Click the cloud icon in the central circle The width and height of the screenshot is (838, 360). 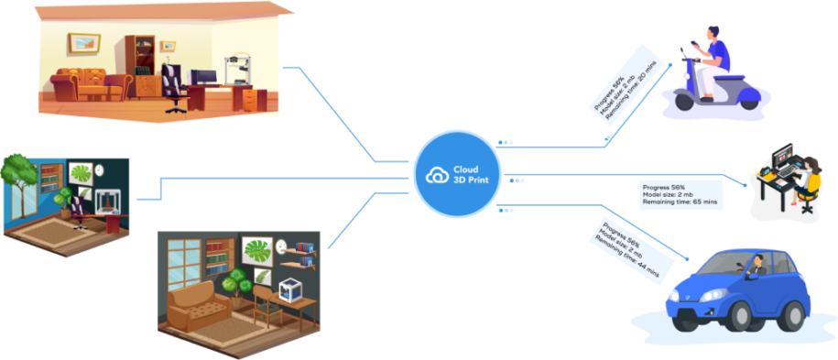(x=436, y=174)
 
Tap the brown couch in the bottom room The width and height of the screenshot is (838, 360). (x=197, y=301)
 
